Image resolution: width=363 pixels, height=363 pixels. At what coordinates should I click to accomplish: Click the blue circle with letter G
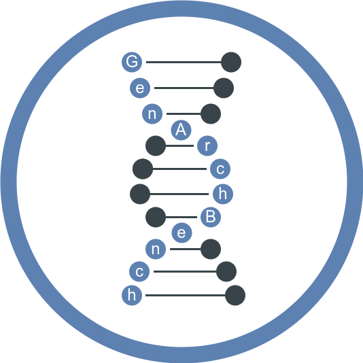132,62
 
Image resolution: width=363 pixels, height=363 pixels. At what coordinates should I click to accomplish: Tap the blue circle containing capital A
181,130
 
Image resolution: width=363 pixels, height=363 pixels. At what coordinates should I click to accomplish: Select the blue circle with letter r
207,145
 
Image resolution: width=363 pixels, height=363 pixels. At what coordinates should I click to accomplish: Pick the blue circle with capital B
211,217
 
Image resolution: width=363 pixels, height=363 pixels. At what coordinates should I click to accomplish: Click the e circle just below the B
181,232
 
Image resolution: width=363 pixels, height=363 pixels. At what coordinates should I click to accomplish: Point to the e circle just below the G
140,88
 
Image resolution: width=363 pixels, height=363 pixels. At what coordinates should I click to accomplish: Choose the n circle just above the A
152,114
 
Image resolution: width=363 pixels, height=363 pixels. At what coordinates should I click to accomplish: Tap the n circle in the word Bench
156,249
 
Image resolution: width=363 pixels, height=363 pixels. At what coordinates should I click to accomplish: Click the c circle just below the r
220,169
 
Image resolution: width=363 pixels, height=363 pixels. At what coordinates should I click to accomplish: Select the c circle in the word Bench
139,271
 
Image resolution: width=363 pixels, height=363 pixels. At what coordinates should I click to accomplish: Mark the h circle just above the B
223,194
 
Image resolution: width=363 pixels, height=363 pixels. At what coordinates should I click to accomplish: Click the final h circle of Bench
132,295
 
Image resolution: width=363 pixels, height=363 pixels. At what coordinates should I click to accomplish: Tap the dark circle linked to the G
231,62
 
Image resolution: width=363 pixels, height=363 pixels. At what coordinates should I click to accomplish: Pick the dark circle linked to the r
156,145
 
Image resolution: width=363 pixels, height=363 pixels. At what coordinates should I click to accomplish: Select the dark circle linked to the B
156,217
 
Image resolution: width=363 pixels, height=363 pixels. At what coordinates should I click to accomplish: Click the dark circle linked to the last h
235,295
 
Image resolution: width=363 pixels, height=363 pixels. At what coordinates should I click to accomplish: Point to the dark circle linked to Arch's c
143,169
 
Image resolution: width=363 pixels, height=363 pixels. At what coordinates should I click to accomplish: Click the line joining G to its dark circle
184,62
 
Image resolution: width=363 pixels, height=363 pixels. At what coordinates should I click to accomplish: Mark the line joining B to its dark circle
181,217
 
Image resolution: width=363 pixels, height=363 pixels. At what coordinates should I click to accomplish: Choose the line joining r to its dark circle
179,145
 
